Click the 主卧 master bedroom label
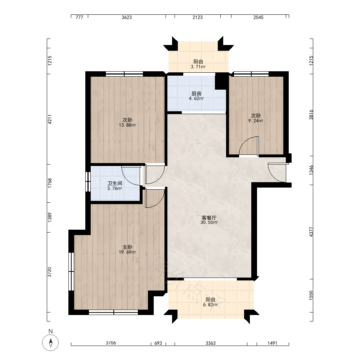[x=127, y=247]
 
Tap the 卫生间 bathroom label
[x=114, y=184]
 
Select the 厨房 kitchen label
[x=196, y=94]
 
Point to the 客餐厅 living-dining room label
[x=209, y=217]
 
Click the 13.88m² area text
[x=127, y=125]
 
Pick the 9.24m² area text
[x=256, y=121]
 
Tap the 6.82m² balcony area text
[x=210, y=305]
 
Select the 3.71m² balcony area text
[x=198, y=67]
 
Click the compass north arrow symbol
[x=50, y=343]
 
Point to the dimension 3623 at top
[x=127, y=17]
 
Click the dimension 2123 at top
[x=197, y=17]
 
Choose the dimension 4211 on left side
[x=50, y=120]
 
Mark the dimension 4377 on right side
[x=311, y=232]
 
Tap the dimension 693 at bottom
[x=158, y=343]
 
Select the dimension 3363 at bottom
[x=211, y=343]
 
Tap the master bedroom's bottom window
[x=113, y=312]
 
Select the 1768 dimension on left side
[x=50, y=183]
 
